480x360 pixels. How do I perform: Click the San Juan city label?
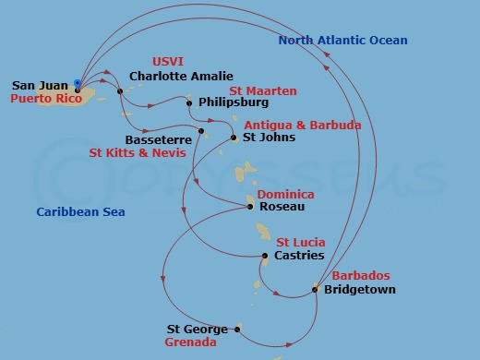coord(40,86)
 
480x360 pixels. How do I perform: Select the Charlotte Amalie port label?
coord(181,77)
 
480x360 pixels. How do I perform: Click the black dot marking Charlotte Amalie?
coord(120,90)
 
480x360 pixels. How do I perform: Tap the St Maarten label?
coord(263,90)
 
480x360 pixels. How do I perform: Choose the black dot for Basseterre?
coord(200,130)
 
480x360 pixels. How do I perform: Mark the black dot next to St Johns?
coord(233,138)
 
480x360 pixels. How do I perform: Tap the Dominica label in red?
coord(285,195)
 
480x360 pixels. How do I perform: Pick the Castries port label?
coord(299,256)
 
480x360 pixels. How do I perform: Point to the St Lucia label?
coord(300,243)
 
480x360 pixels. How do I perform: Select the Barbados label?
coord(359,276)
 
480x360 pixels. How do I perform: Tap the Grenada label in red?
coord(190,342)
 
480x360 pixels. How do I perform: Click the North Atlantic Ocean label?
coord(342,41)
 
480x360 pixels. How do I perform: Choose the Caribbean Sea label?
coord(80,212)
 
